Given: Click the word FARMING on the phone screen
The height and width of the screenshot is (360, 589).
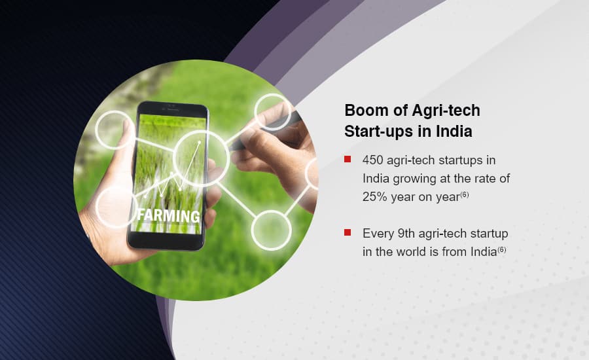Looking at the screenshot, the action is click(x=168, y=216).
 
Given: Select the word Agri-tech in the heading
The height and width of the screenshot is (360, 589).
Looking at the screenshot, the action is click(x=446, y=111).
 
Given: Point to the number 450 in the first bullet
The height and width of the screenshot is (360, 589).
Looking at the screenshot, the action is click(x=372, y=160).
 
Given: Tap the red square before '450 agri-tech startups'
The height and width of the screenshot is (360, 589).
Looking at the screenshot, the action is click(x=348, y=159).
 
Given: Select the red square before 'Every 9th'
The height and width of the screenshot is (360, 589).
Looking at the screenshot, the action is click(x=348, y=232).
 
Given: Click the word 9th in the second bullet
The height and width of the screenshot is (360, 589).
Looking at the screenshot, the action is click(x=406, y=234).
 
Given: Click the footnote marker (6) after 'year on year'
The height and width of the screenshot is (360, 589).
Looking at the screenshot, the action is click(x=465, y=194).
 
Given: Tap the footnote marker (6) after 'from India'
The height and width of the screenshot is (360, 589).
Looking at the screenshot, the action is click(x=502, y=249).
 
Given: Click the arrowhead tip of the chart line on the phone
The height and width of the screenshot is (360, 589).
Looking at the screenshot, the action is click(x=199, y=141).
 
